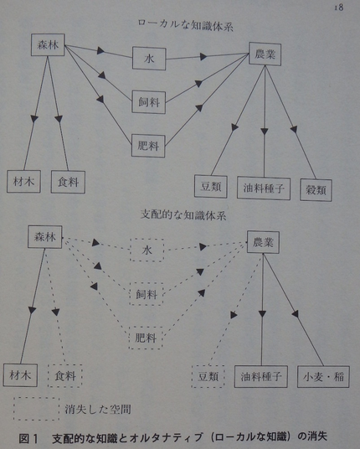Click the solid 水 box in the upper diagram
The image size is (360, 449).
[149, 59]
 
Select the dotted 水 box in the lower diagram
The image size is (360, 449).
[147, 250]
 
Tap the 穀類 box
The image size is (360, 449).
[316, 190]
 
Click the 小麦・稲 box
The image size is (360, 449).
[323, 377]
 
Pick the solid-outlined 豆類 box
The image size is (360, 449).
[211, 187]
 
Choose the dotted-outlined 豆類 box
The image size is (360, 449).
[208, 376]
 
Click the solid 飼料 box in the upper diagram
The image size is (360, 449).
[149, 102]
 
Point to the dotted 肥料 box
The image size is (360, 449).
[146, 338]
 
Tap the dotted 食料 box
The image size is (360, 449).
[65, 375]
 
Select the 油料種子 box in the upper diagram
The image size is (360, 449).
[264, 188]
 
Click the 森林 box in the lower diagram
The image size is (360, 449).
[45, 237]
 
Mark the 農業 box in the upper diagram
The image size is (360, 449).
[265, 54]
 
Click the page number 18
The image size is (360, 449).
[338, 8]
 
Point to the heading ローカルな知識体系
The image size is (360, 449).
[186, 25]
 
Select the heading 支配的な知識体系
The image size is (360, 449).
[183, 214]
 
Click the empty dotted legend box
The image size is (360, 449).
[36, 409]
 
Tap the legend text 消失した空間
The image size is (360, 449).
[98, 409]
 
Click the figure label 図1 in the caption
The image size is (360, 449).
[28, 438]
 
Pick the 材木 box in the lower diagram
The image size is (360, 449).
[20, 375]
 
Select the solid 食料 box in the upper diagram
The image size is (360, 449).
[68, 182]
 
